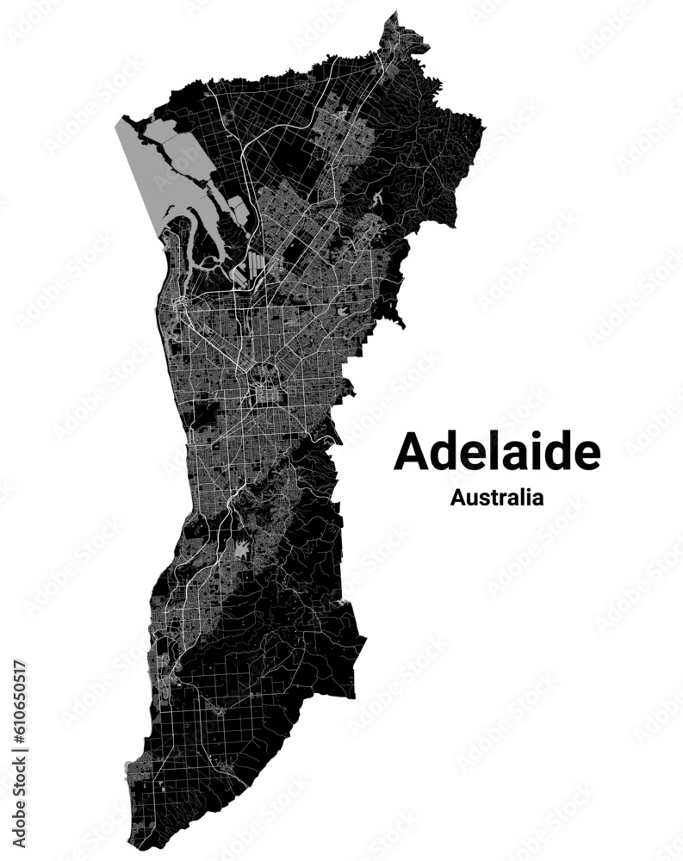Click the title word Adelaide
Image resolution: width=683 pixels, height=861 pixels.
(497, 451)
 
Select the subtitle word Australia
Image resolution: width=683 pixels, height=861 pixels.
(496, 497)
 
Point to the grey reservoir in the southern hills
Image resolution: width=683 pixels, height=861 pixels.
(244, 548)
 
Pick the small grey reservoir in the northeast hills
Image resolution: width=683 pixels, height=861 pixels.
(378, 197)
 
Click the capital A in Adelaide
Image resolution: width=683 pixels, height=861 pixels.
(411, 452)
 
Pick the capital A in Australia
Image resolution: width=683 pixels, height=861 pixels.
(456, 497)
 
